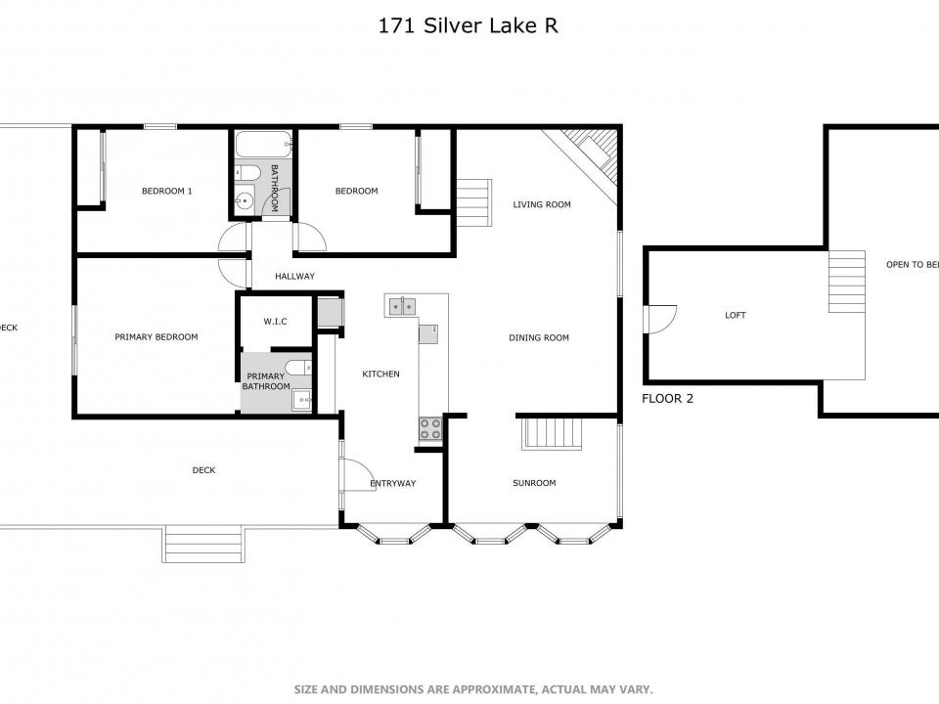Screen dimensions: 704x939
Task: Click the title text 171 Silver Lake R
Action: tap(469, 26)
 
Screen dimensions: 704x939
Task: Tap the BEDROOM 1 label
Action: tap(166, 191)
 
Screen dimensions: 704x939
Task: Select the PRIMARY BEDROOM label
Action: tap(156, 337)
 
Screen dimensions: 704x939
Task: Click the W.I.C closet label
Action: tap(274, 322)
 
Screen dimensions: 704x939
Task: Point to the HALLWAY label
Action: tap(294, 277)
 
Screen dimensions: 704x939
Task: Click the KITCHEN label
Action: tap(380, 374)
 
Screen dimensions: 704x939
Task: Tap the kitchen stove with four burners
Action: tap(430, 427)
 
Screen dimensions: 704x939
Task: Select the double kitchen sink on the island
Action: tap(401, 306)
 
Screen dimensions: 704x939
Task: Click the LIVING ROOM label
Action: tap(542, 204)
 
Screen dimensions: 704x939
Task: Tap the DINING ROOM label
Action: tap(539, 338)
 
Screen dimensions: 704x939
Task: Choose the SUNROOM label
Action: tap(534, 483)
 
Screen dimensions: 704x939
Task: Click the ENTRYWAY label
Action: tap(393, 484)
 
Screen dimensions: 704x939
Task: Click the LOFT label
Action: tap(735, 315)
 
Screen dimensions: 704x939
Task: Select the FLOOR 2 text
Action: tap(667, 399)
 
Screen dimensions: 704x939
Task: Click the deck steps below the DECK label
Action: tap(202, 544)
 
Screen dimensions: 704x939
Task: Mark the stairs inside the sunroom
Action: tap(553, 433)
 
